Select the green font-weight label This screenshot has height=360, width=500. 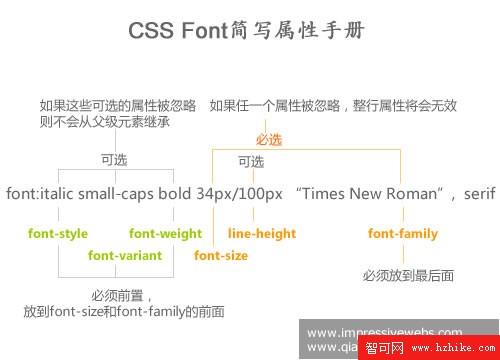[161, 234]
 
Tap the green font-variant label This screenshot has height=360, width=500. [125, 256]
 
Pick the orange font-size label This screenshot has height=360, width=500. [221, 256]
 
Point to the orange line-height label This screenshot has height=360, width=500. [262, 234]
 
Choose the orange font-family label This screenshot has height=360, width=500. [402, 234]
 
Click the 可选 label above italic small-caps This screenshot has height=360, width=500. [113, 159]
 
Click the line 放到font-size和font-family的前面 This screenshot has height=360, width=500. [124, 312]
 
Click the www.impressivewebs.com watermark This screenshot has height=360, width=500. [385, 333]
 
